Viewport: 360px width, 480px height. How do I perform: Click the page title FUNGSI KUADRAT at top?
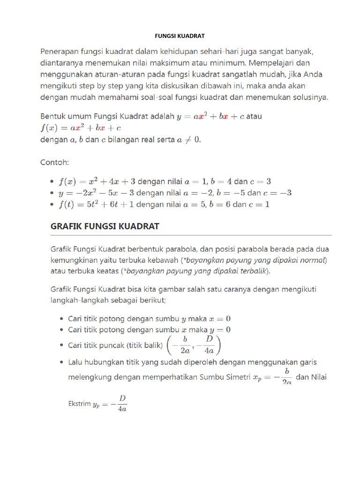click(x=180, y=36)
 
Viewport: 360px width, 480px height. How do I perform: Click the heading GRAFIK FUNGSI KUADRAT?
click(x=105, y=226)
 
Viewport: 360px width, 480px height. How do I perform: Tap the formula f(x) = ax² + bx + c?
click(x=81, y=127)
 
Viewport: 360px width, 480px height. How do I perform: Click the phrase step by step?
click(x=99, y=86)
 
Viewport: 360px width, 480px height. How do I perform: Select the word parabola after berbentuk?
click(x=189, y=247)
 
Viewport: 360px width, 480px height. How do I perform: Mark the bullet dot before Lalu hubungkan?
click(x=62, y=362)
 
